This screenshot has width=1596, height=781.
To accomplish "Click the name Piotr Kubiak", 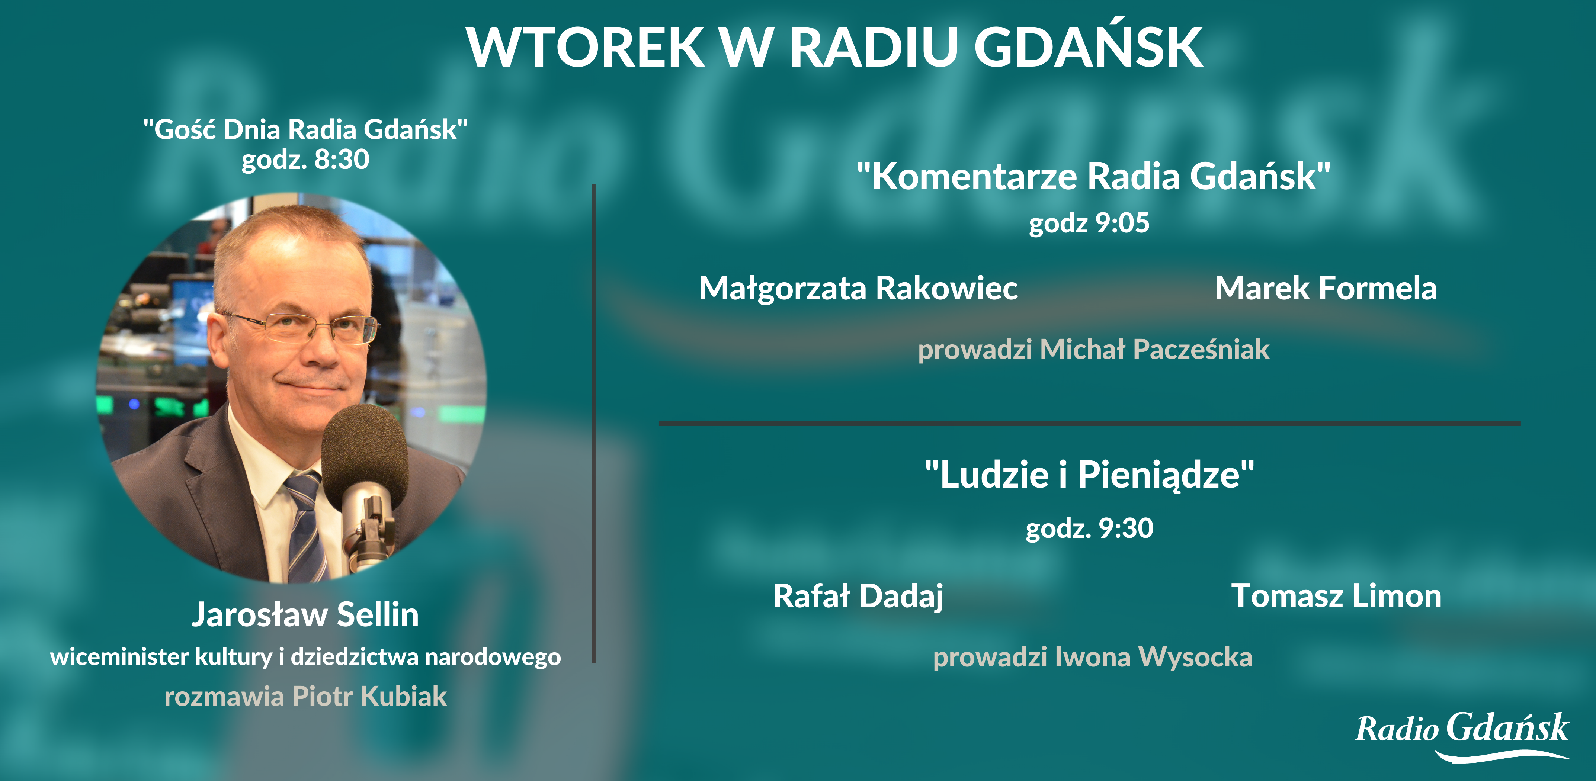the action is click(x=369, y=696).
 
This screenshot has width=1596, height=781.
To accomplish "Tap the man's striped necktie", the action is click(x=307, y=527).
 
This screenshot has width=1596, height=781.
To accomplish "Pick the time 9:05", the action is click(x=1122, y=223).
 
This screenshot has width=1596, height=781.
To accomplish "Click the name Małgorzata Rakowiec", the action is click(x=858, y=289).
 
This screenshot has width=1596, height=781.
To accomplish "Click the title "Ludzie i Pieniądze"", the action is click(x=1089, y=475).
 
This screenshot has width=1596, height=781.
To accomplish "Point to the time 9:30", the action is click(x=1126, y=528).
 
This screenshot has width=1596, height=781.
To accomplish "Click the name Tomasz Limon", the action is click(x=1336, y=596).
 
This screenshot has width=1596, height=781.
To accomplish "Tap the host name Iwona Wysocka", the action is click(x=1154, y=657).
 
